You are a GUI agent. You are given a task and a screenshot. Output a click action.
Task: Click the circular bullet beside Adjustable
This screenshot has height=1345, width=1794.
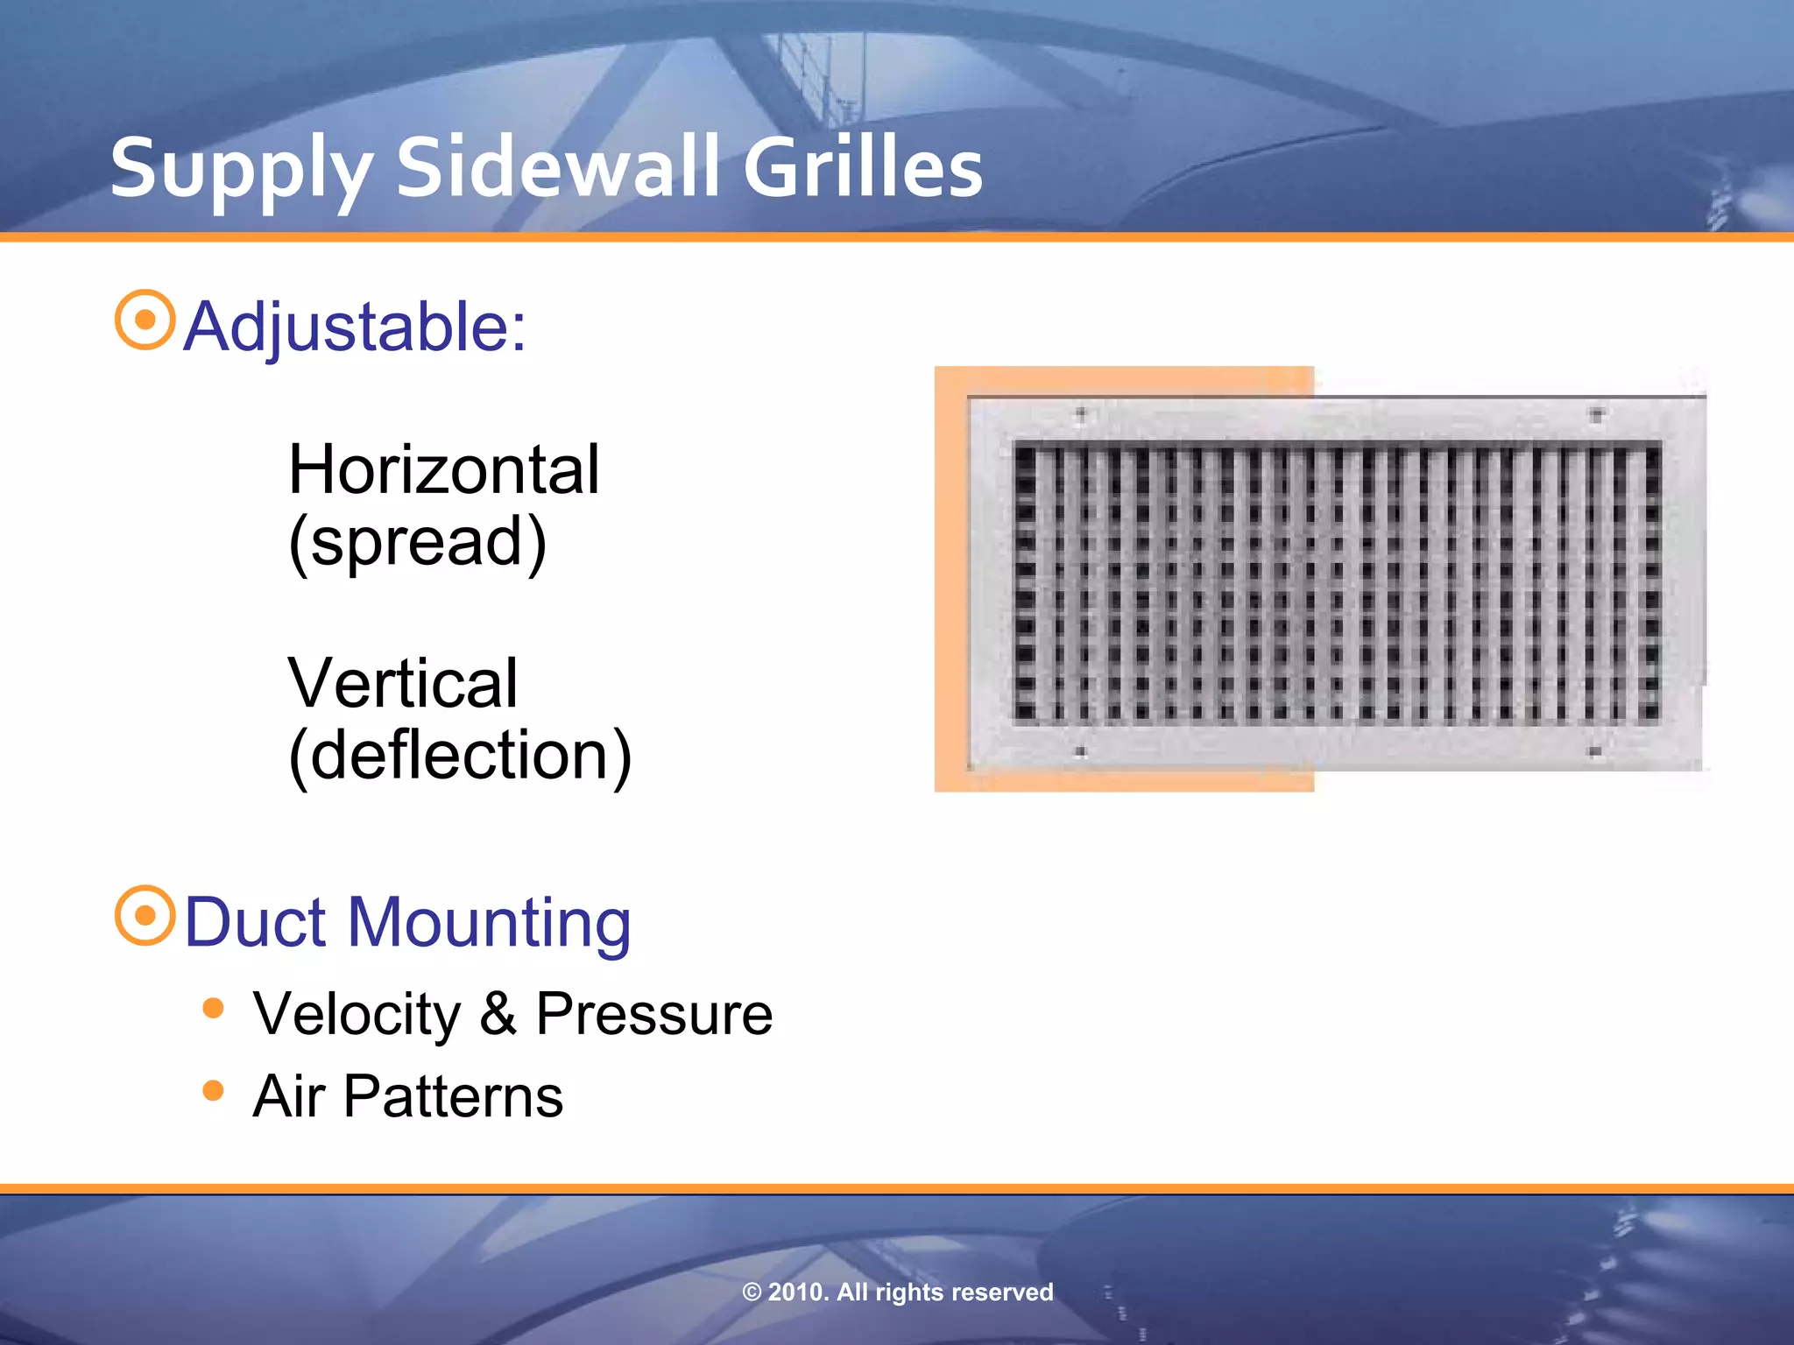point(145,320)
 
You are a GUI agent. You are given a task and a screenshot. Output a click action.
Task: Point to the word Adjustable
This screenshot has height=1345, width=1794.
point(354,327)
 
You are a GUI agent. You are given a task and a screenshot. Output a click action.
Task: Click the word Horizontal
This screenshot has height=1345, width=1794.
point(443,470)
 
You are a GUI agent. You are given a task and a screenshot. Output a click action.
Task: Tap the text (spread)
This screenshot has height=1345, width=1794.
point(418,543)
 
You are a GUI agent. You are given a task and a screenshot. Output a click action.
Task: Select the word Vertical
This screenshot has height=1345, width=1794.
point(403,684)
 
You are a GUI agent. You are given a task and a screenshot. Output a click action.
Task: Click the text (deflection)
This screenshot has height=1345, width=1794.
point(460,756)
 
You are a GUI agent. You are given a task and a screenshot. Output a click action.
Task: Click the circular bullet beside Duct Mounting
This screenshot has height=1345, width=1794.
point(145,915)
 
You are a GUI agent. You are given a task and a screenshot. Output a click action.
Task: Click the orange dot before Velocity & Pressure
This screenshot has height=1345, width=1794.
point(213,1008)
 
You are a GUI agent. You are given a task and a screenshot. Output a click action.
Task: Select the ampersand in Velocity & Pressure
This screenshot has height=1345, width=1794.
point(498,1014)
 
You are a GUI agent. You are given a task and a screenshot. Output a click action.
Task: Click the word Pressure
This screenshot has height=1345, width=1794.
point(653,1014)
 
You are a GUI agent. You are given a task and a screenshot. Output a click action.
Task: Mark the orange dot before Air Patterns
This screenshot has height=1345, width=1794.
point(213,1090)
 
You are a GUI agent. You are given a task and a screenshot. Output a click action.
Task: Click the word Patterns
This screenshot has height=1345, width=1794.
point(453,1096)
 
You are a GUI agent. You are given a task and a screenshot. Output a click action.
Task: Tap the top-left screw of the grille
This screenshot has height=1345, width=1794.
point(1080,413)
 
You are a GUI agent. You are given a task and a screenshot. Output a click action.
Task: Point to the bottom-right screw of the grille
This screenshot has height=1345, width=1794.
point(1595,751)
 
